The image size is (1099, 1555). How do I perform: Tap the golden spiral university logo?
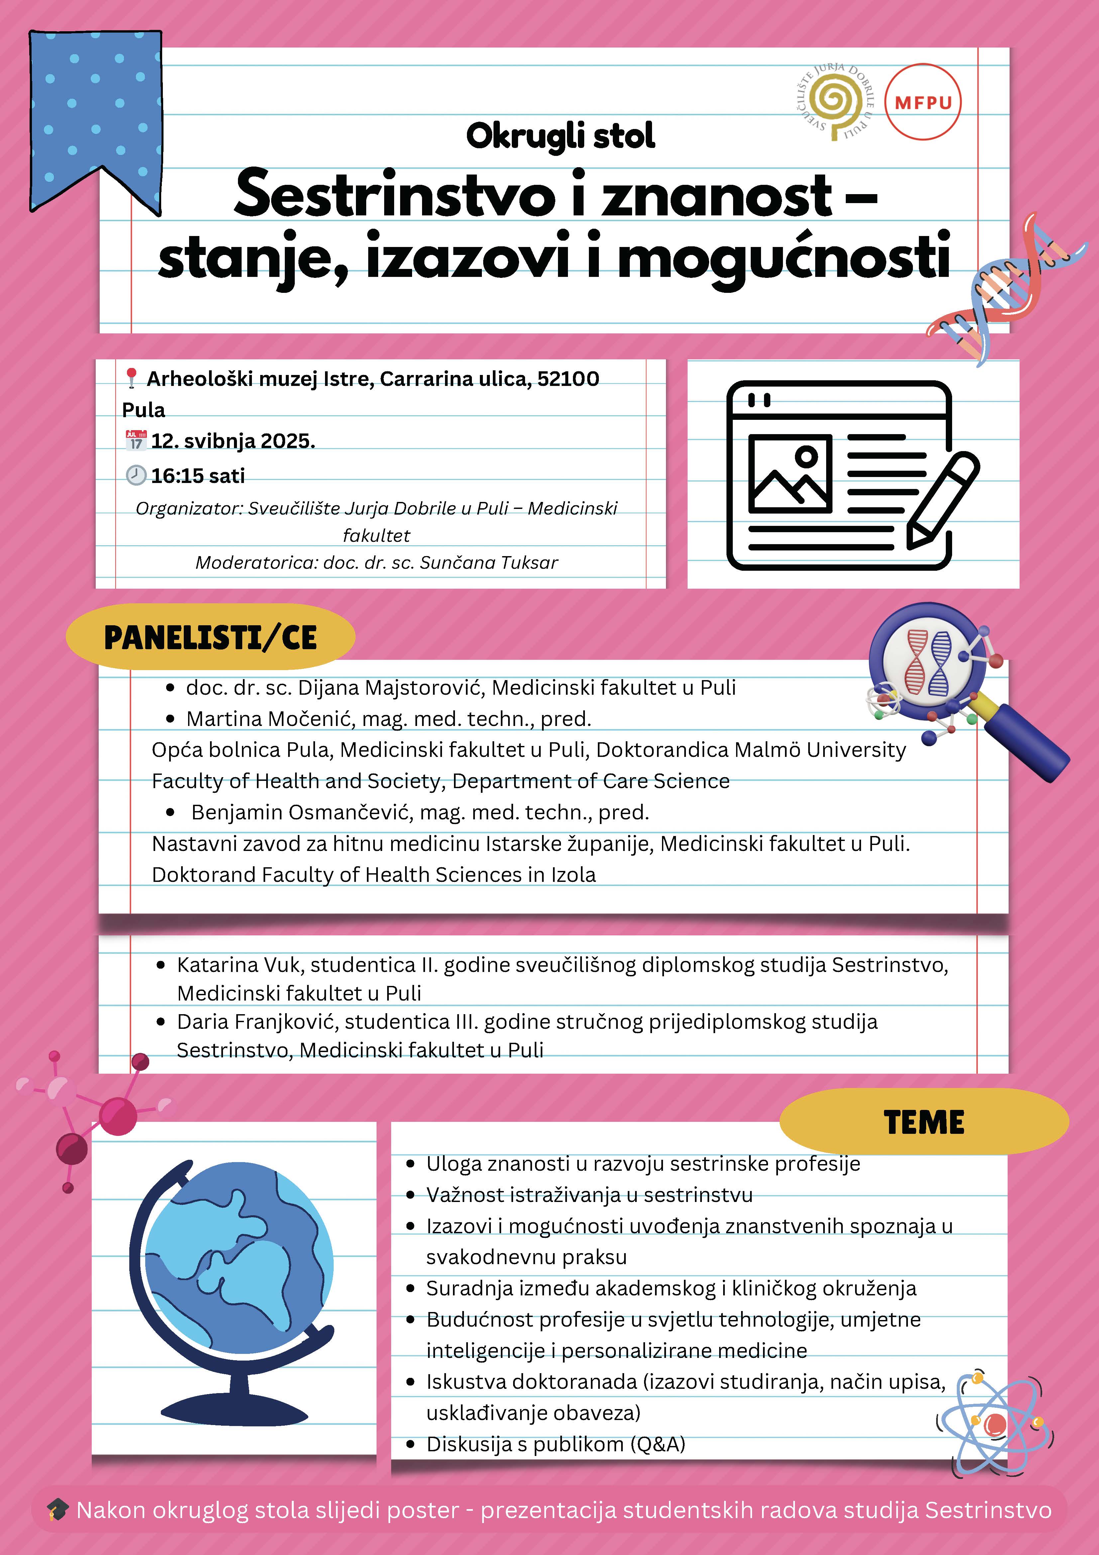(x=834, y=102)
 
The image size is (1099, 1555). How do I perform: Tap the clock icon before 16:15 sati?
(x=136, y=475)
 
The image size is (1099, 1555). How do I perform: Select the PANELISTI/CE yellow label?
(x=210, y=637)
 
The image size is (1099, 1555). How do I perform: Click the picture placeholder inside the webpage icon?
(x=790, y=473)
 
